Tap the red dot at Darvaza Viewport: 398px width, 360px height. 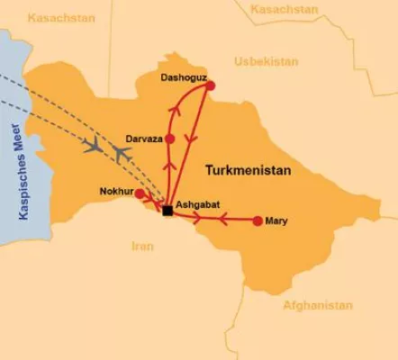(169, 139)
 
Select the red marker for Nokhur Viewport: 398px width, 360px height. (140, 193)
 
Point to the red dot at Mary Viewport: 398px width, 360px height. (258, 220)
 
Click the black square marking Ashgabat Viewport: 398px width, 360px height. (167, 211)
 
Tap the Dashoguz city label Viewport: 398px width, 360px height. (184, 77)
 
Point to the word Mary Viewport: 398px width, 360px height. (276, 220)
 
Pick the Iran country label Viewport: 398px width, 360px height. (142, 245)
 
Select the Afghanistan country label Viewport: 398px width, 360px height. (318, 305)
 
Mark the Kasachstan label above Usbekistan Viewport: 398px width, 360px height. (285, 9)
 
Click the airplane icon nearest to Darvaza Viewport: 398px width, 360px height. (121, 155)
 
